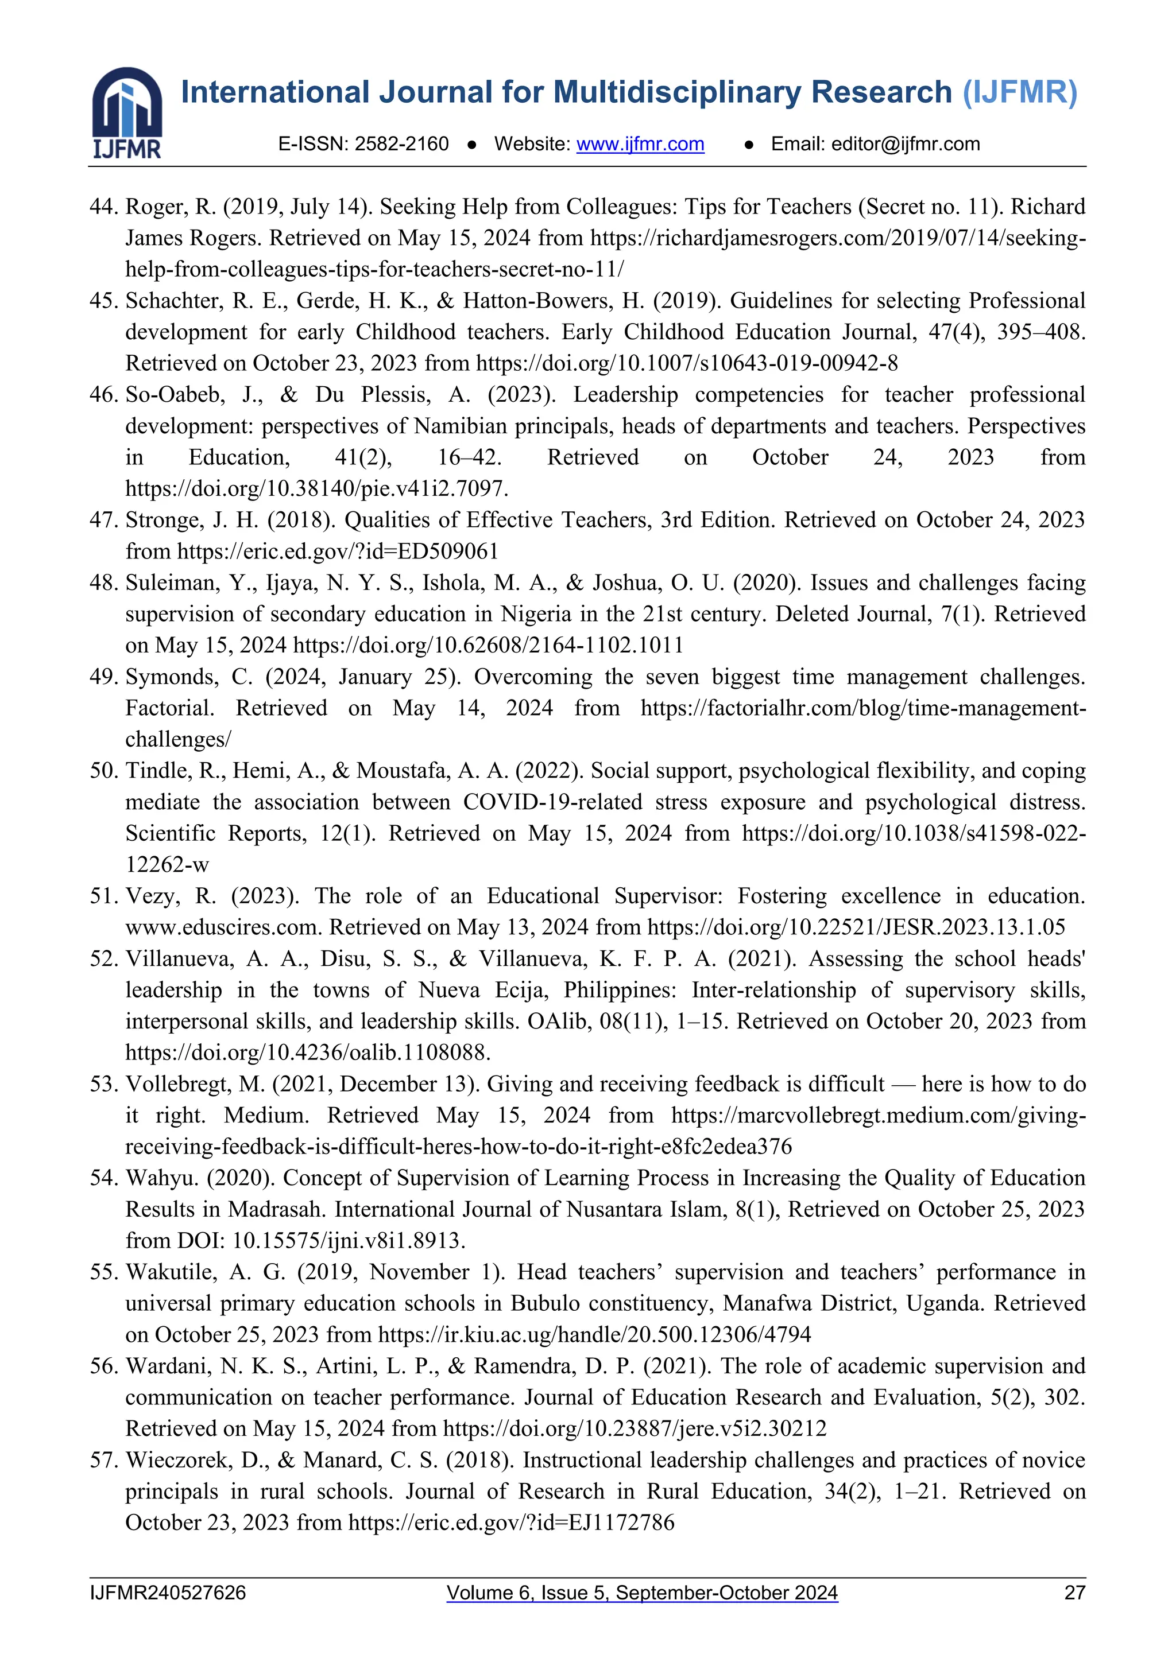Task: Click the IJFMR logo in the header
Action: coord(127,112)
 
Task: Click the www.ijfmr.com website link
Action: coord(640,144)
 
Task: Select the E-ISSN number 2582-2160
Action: coord(402,144)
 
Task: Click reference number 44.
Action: coord(103,207)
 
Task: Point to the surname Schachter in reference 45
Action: coord(172,301)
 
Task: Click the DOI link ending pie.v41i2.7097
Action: coord(316,488)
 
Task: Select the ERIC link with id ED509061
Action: coord(338,552)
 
